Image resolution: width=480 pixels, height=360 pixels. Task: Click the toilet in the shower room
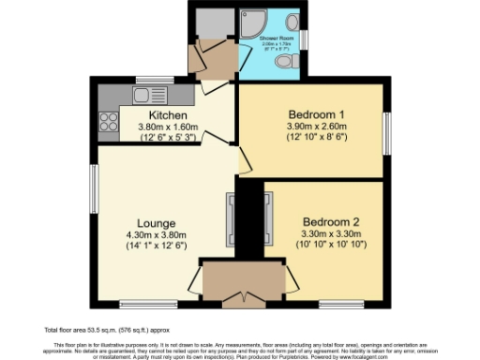click(x=288, y=59)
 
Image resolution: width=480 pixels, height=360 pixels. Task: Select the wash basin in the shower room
click(x=292, y=22)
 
